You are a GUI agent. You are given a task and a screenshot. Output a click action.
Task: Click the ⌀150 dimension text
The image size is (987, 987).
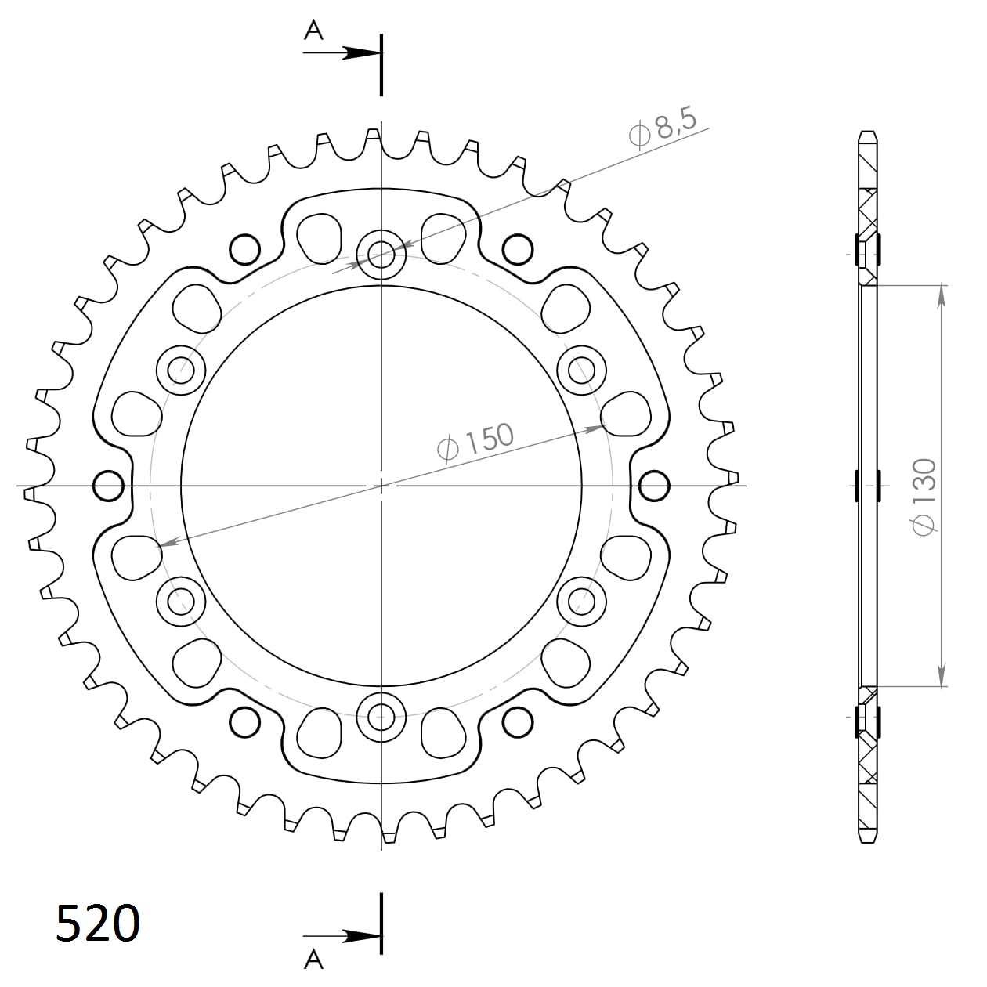tap(475, 443)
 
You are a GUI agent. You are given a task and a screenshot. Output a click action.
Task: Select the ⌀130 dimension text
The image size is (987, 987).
tap(924, 497)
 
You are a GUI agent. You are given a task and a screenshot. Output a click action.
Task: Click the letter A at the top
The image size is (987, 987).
tap(313, 31)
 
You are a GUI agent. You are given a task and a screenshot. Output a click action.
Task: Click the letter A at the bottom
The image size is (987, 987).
tap(313, 958)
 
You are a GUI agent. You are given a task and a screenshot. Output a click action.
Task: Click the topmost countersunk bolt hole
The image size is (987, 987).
tap(381, 253)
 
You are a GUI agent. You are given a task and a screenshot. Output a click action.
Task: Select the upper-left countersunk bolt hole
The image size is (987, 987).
tap(181, 369)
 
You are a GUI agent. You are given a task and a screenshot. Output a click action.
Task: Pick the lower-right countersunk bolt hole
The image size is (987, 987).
tap(582, 602)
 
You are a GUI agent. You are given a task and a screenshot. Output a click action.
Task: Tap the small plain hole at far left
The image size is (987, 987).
tap(108, 486)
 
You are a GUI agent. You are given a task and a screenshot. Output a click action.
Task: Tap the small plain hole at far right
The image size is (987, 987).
tap(654, 486)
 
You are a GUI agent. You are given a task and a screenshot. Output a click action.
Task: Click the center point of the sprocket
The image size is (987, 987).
tap(381, 486)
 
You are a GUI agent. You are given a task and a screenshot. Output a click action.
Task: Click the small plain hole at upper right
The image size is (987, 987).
tap(518, 249)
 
